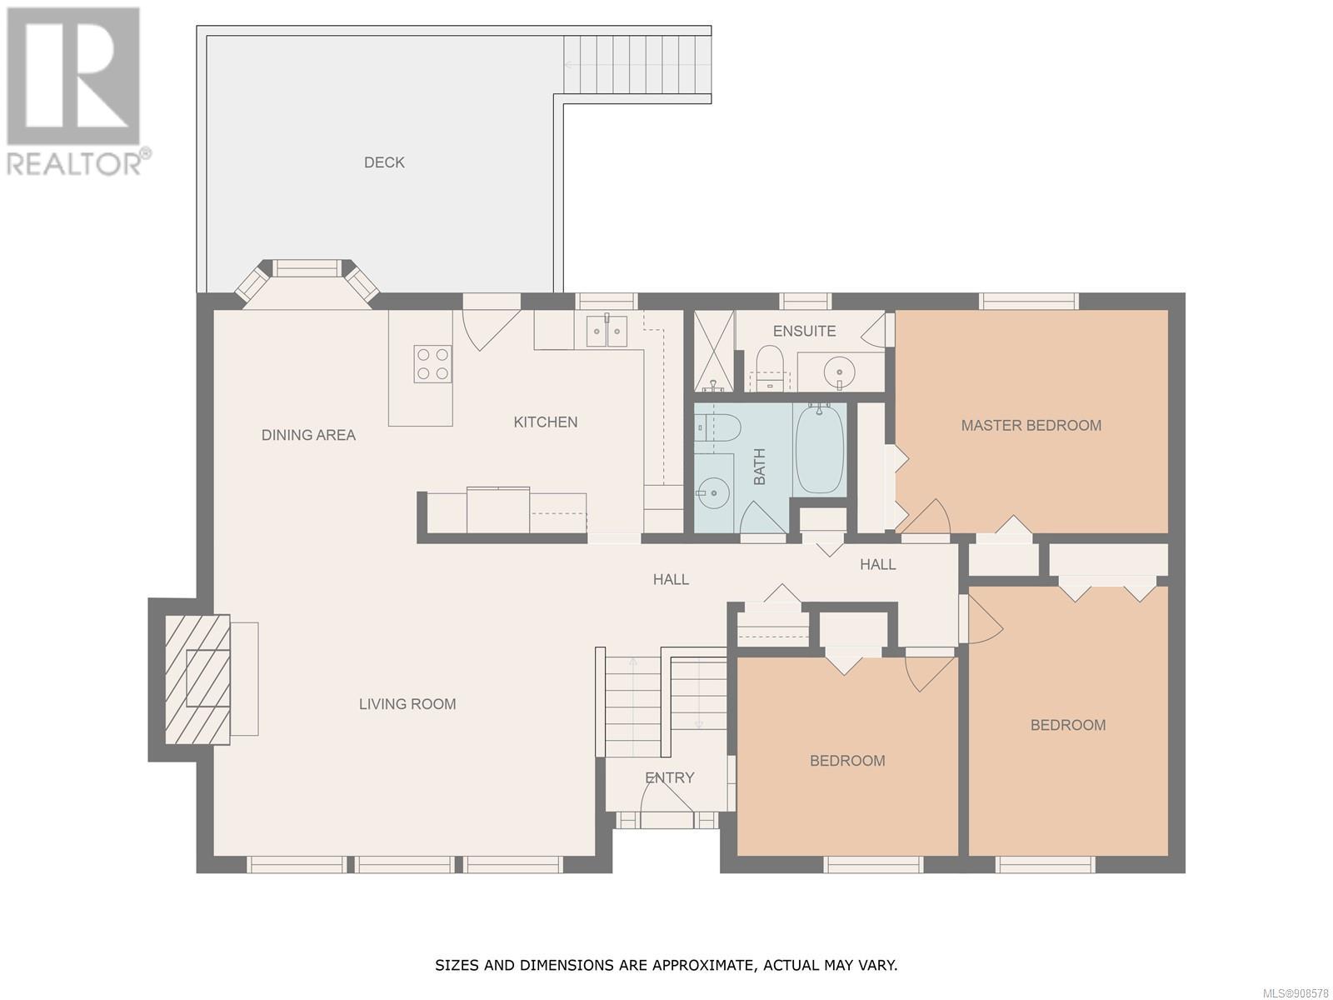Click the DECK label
(384, 162)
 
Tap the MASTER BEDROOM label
(1031, 425)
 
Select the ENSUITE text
(804, 331)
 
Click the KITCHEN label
(546, 422)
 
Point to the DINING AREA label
(308, 435)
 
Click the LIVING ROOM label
(407, 703)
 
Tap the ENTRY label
(669, 777)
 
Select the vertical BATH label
(759, 467)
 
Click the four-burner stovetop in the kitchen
(432, 363)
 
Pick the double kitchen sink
(607, 331)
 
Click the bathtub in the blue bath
(819, 449)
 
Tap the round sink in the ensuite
(839, 370)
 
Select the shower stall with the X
(714, 351)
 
